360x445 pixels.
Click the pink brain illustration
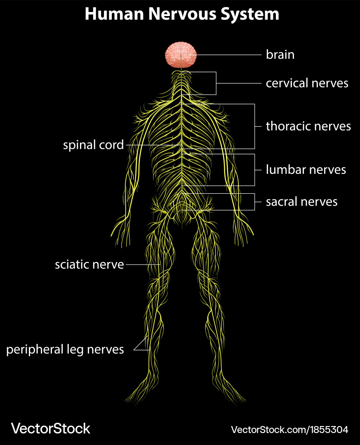pos(181,55)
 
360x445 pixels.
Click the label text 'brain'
pos(280,54)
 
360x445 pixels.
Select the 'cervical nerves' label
pos(307,83)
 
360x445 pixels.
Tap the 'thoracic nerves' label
pos(308,126)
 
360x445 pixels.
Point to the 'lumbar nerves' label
pos(306,169)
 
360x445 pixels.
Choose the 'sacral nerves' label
pos(301,201)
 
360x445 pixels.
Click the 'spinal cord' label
pos(93,145)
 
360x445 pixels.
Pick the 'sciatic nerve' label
pos(89,265)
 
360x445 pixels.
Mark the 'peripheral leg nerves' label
pos(65,349)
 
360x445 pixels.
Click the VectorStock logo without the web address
pos(50,429)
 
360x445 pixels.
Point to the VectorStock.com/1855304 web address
pos(289,430)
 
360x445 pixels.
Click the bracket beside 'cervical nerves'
pos(216,83)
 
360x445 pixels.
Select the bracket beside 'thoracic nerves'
pos(254,126)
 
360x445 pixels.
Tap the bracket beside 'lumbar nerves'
pos(254,169)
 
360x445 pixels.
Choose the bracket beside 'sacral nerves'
pos(254,201)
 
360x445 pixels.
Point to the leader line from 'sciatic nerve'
pos(142,265)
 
